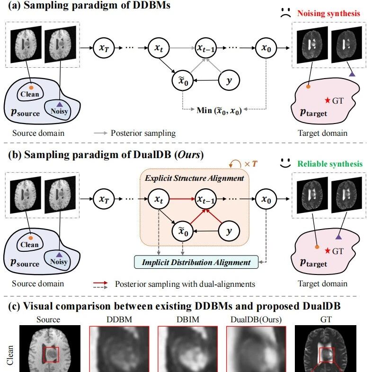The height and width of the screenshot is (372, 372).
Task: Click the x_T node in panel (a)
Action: tap(104, 48)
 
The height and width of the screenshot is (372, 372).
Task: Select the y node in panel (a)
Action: tap(229, 80)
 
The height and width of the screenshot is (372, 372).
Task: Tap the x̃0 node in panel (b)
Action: tap(183, 231)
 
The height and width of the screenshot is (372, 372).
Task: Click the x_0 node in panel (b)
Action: tap(266, 199)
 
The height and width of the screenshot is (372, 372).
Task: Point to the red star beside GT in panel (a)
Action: tap(328, 100)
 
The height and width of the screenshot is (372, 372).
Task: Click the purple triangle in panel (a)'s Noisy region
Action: tap(59, 104)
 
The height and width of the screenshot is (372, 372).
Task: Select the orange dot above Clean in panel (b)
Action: tap(30, 238)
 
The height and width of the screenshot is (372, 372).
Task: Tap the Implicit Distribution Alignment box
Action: tap(196, 262)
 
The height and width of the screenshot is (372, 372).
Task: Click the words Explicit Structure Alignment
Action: tap(195, 178)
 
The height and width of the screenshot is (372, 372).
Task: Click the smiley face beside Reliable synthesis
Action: tap(285, 163)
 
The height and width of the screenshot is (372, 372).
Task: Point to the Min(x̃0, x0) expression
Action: tap(219, 110)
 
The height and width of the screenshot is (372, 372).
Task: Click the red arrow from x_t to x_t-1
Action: tap(182, 199)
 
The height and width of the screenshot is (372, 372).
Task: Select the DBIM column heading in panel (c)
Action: tap(188, 319)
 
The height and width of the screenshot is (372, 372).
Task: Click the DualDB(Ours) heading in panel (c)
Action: tap(256, 319)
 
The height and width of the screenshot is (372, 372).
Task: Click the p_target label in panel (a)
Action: tap(313, 113)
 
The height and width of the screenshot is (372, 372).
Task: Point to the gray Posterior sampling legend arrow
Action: tap(101, 133)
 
